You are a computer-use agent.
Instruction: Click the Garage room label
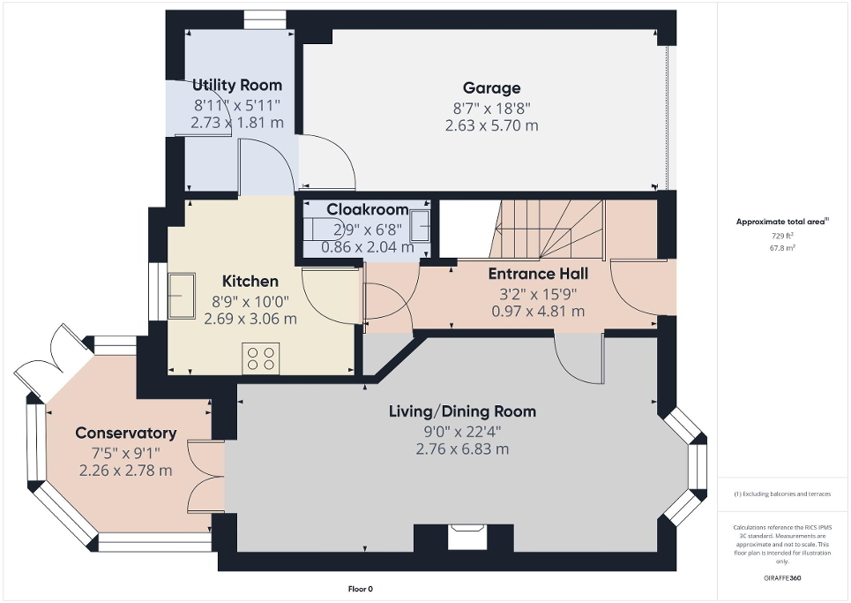(x=491, y=87)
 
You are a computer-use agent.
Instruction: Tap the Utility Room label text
(x=237, y=85)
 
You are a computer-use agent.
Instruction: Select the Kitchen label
(x=250, y=281)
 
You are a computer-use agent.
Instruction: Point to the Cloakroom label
(x=367, y=209)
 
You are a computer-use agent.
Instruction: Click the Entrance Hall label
(x=538, y=274)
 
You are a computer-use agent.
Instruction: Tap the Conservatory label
(x=125, y=433)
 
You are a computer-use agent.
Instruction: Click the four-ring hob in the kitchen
(x=260, y=358)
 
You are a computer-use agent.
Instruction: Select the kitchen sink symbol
(x=183, y=294)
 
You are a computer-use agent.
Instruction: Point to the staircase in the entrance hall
(x=547, y=230)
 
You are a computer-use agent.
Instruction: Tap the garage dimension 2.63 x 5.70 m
(x=491, y=125)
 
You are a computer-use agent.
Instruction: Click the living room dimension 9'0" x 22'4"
(x=462, y=431)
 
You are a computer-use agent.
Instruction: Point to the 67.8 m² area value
(x=782, y=249)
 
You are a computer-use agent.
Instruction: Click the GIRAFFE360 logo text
(x=783, y=577)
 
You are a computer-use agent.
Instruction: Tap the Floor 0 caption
(x=360, y=589)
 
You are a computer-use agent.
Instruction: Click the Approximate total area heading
(x=782, y=222)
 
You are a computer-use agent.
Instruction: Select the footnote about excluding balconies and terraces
(x=783, y=494)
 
